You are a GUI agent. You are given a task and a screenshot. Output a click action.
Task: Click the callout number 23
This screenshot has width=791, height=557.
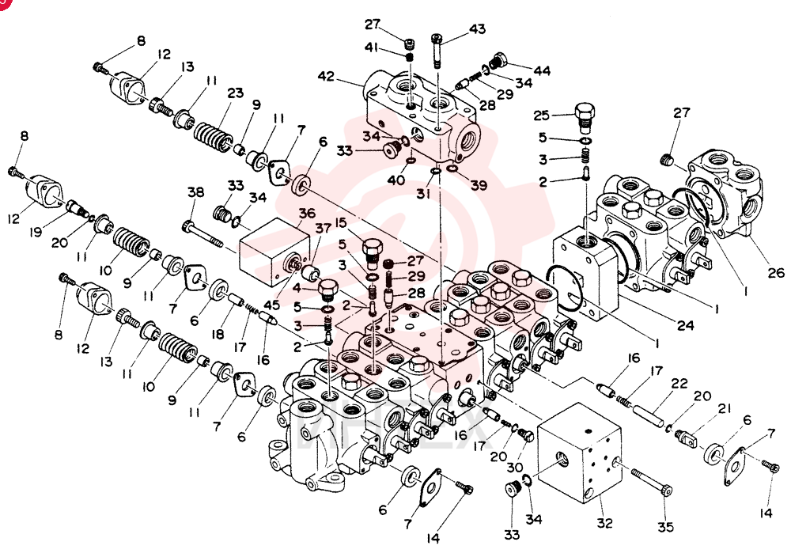coord(235,93)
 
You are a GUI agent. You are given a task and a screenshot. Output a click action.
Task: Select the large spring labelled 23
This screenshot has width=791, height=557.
coord(214,135)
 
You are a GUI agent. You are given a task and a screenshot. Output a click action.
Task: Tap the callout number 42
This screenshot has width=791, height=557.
coord(327,77)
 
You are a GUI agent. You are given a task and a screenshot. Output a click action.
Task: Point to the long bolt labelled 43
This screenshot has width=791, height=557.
coord(437,51)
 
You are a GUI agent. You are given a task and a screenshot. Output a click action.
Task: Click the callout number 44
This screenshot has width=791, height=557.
coord(542,70)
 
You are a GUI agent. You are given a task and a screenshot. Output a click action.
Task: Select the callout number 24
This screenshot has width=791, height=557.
coord(685,325)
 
